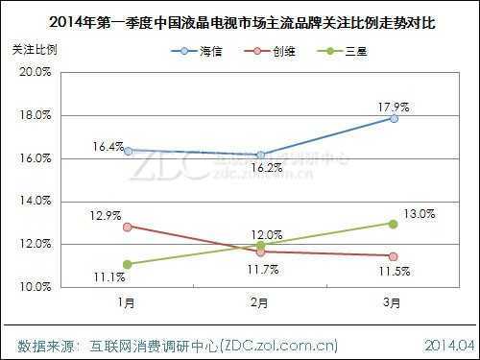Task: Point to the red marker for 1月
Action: [128, 226]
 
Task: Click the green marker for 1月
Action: [128, 264]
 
